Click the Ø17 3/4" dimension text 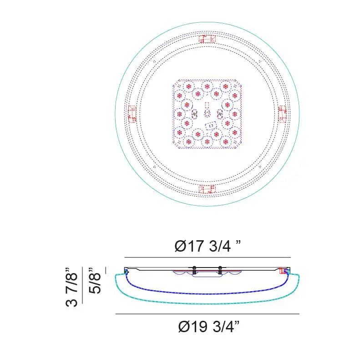click(207, 246)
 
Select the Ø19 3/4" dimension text click(209, 327)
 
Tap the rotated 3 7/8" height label click(71, 287)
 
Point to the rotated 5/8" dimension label click(95, 281)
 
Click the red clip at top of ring click(207, 39)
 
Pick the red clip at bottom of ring click(207, 189)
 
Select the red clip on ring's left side click(132, 114)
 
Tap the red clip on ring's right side click(282, 114)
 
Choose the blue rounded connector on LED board click(211, 126)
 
